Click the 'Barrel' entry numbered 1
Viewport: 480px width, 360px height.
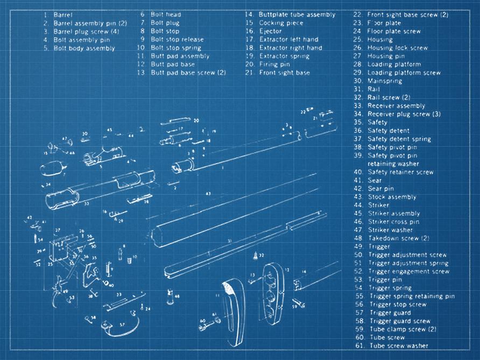pos(63,15)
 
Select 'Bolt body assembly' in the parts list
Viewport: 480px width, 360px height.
pos(84,48)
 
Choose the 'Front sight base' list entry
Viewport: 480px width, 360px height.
pos(284,73)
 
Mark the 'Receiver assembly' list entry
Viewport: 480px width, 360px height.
pos(396,106)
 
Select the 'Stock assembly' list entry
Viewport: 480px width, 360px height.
pos(392,197)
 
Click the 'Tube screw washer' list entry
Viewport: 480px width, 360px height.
pos(399,346)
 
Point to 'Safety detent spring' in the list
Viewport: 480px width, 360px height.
pos(399,139)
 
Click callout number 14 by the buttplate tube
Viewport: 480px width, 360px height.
pos(305,272)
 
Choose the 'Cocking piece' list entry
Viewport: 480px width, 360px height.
pos(281,23)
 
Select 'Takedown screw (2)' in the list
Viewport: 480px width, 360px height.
pos(398,238)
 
